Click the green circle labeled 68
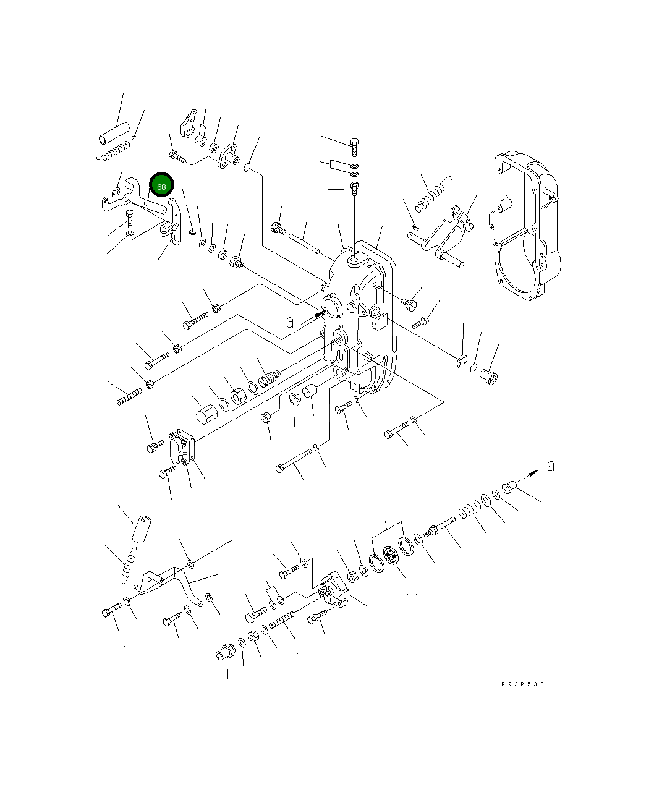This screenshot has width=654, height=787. [x=162, y=185]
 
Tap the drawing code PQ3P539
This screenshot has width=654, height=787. [x=523, y=684]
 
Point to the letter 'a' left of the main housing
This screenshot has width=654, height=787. [x=290, y=322]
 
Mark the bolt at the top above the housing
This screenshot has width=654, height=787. [x=355, y=147]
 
